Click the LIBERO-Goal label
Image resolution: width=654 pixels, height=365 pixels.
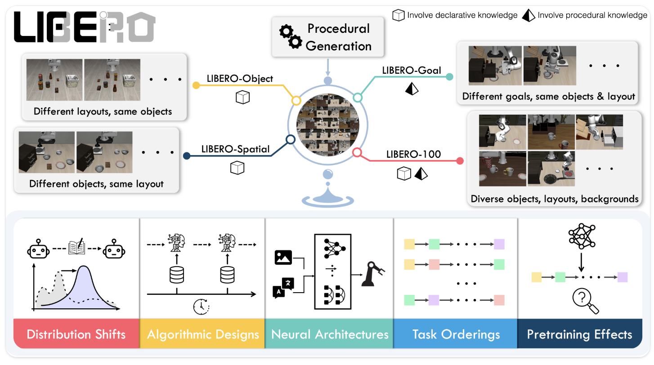(x=411, y=70)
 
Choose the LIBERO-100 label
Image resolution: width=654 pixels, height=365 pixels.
(x=413, y=155)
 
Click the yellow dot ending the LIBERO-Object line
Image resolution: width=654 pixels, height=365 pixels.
(x=196, y=85)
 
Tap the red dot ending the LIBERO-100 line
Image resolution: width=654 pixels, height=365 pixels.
(x=460, y=160)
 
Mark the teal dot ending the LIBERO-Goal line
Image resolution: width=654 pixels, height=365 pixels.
(x=448, y=76)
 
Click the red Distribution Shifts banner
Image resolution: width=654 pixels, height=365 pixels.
(x=76, y=334)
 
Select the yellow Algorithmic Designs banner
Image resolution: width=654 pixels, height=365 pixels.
(x=202, y=334)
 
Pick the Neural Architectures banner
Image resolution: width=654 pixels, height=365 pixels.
(x=330, y=334)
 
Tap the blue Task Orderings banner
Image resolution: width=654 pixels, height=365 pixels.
(x=456, y=334)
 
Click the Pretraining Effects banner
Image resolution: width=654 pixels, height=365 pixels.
(x=579, y=334)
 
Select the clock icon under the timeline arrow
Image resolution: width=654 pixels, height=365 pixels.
(x=201, y=306)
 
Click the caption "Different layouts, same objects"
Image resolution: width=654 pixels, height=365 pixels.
(x=103, y=111)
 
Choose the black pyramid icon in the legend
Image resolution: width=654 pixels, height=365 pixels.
(x=529, y=15)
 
